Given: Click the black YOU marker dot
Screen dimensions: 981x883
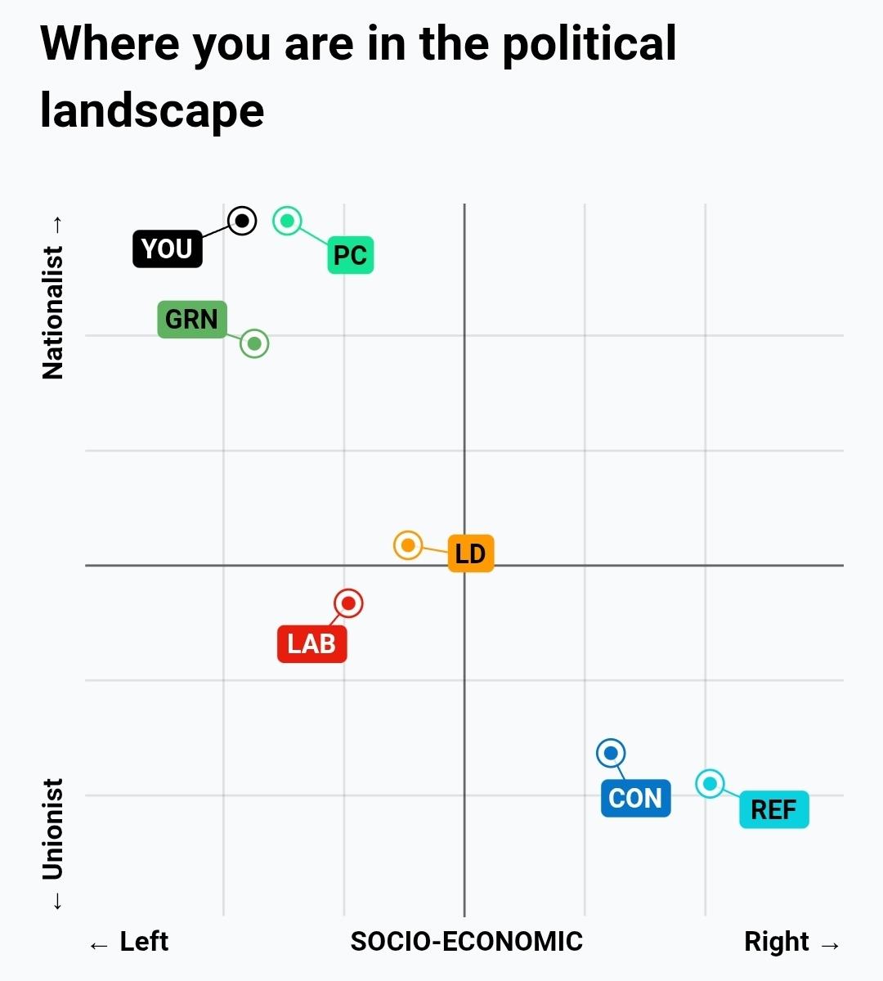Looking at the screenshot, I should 242,221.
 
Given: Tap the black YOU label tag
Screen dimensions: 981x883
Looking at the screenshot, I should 167,249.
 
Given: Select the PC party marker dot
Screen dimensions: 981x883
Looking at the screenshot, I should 287,221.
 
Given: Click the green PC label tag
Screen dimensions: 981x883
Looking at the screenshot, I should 350,255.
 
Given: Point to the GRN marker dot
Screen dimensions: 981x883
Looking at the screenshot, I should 254,343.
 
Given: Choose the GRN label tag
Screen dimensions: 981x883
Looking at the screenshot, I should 191,319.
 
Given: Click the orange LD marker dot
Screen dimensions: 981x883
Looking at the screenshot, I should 408,544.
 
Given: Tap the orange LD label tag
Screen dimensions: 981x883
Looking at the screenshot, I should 470,553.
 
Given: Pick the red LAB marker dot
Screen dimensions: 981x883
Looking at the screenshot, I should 349,603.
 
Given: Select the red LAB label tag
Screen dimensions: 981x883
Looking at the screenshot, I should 312,643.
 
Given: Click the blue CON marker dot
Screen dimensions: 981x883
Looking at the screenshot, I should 611,753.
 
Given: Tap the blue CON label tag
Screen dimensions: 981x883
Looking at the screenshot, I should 635,798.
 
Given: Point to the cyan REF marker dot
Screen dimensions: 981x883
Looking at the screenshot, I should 710,784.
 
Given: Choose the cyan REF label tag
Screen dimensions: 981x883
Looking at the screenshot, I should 773,809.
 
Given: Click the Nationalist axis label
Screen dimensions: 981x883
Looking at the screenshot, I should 52,312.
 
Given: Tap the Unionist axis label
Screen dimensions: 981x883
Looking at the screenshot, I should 52,829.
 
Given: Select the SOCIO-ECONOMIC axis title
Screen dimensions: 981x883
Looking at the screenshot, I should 466,942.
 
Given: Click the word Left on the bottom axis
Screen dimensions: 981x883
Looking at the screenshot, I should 144,942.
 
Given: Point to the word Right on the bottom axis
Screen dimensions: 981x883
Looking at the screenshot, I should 776,942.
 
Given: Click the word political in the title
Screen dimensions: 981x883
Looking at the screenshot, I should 589,44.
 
